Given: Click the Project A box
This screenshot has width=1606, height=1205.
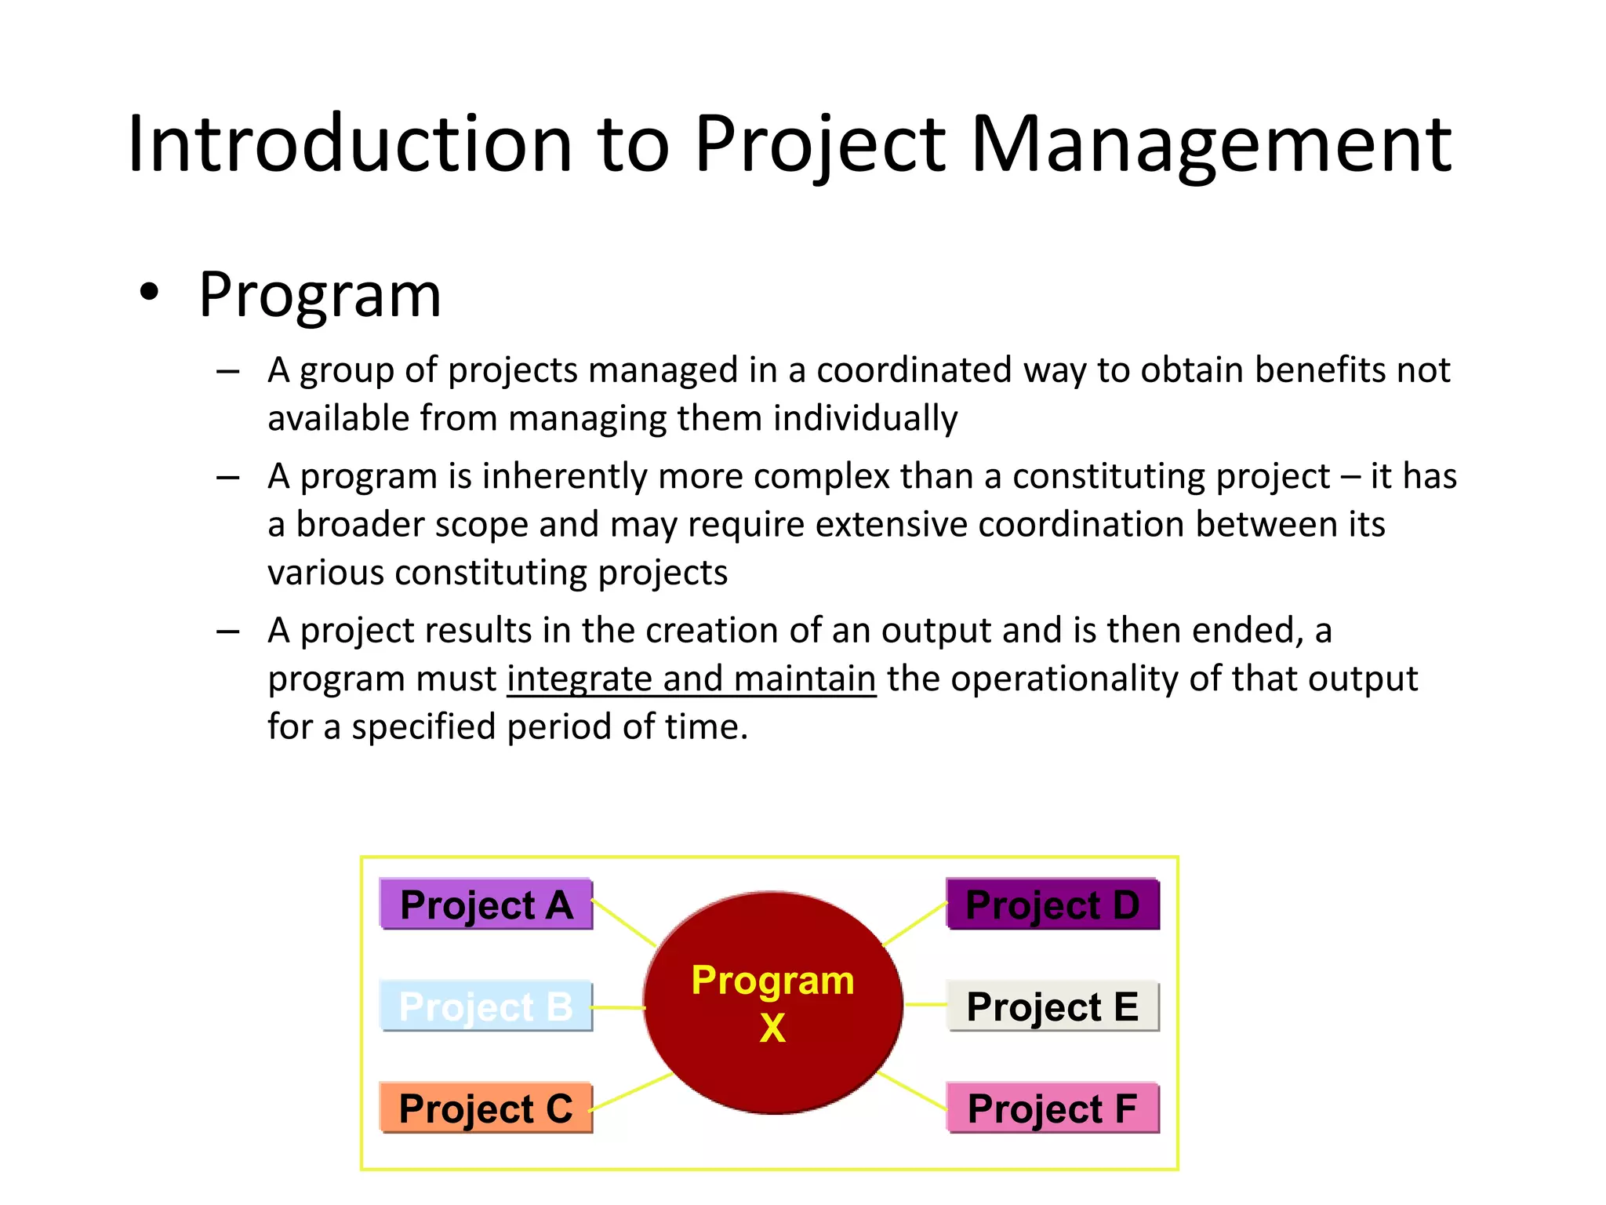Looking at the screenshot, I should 486,904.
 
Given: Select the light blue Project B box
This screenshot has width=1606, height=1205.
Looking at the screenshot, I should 486,1006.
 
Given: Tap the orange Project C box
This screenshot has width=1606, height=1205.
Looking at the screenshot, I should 486,1108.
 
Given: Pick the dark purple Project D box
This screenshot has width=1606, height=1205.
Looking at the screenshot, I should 1052,904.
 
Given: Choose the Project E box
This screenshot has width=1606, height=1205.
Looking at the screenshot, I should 1052,1006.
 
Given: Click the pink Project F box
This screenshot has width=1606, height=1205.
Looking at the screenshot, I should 1052,1108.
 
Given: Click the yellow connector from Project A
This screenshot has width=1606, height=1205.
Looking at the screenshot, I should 624,923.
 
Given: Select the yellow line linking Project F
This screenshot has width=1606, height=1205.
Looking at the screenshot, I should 912,1090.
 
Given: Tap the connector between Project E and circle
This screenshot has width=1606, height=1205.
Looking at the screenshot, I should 925,1004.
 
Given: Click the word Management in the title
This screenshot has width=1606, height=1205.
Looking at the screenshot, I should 1212,145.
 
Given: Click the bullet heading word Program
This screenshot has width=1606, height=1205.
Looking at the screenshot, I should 320,296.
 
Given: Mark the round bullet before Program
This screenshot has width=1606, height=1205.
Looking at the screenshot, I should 149,293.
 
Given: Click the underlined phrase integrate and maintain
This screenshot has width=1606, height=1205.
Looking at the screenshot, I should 691,679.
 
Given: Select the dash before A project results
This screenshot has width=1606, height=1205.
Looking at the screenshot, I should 227,632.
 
